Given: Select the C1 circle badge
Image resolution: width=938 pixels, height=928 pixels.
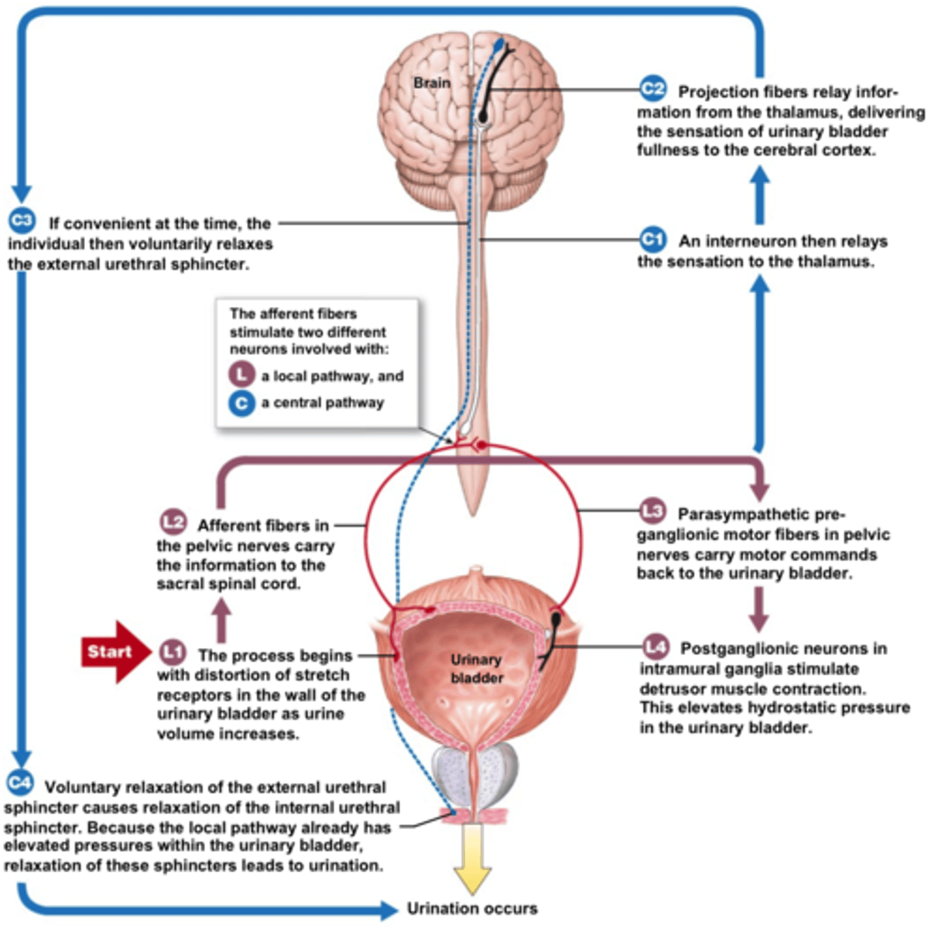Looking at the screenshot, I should tap(652, 239).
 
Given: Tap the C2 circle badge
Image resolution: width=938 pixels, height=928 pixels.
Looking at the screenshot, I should tap(652, 89).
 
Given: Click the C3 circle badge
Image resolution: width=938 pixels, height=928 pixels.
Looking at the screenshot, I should tap(21, 221).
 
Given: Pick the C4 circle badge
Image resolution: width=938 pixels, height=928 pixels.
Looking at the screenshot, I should tap(19, 783).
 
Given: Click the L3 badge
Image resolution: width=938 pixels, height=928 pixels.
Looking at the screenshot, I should tap(653, 511).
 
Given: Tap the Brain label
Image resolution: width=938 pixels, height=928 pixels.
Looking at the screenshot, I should tap(431, 83).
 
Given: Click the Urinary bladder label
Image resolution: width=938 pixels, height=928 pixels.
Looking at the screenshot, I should tap(476, 668).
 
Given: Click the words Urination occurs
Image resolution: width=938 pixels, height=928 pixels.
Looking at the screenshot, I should tap(472, 909).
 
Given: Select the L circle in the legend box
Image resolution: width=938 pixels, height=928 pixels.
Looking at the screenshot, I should tap(241, 374).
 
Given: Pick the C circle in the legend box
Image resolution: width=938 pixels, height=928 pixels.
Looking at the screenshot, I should tap(241, 402).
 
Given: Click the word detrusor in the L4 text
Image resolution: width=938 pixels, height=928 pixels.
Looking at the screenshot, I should tap(671, 688).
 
